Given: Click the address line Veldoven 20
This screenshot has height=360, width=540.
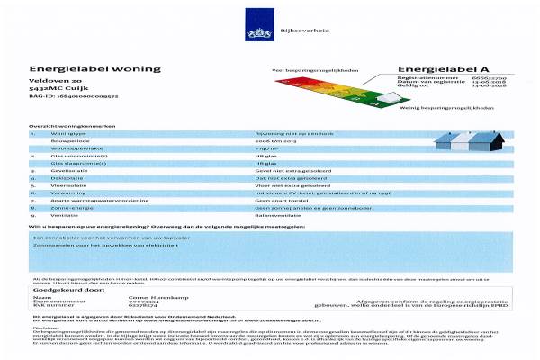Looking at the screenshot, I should pyautogui.click(x=53, y=81).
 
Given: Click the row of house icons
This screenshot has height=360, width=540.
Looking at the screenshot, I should pyautogui.click(x=469, y=141).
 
